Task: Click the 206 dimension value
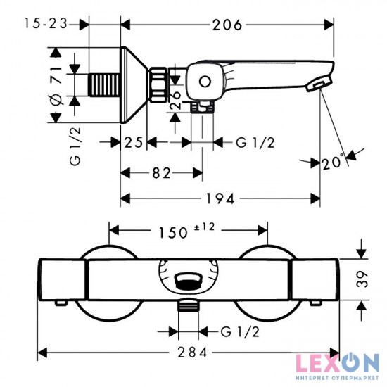point(227,25)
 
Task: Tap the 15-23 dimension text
point(46,24)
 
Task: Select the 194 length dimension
point(220,198)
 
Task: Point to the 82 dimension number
point(161,173)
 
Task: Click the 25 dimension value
point(134,142)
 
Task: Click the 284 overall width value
point(193,353)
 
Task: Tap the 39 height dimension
point(362,279)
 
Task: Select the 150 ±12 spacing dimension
point(186,231)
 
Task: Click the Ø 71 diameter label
point(56,85)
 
